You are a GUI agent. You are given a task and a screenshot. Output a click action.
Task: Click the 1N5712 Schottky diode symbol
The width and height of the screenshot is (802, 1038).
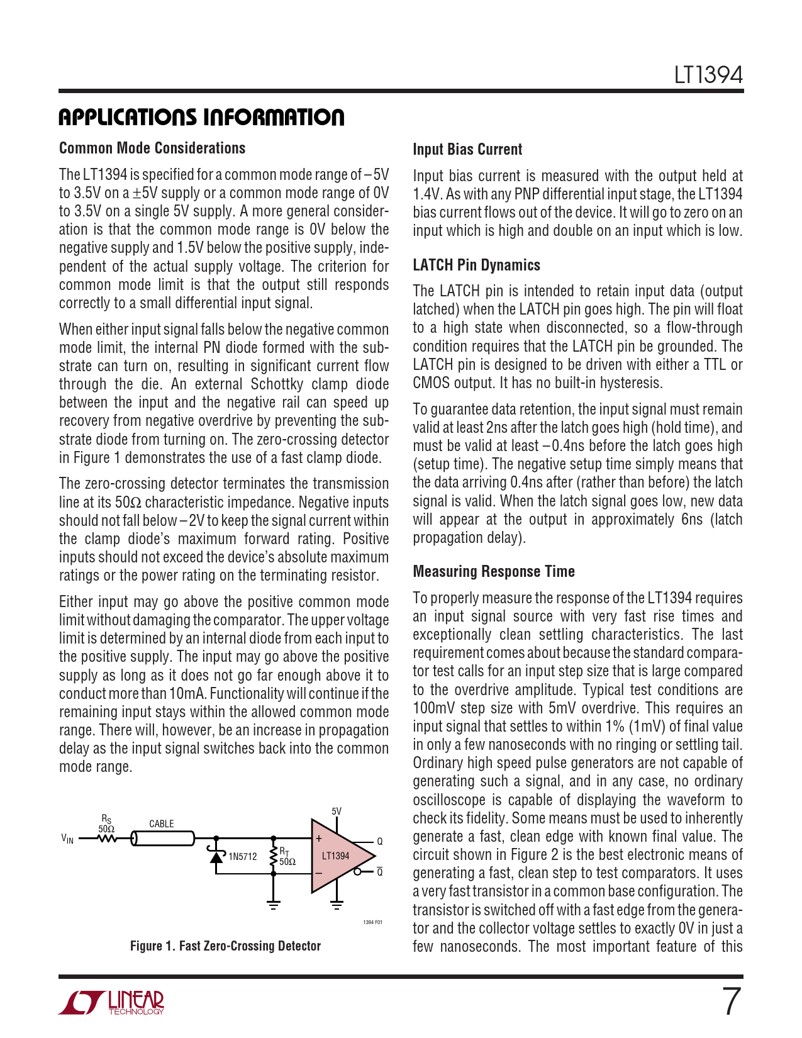[x=217, y=856]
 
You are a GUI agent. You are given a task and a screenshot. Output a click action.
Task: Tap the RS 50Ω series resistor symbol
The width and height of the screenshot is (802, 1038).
[x=107, y=839]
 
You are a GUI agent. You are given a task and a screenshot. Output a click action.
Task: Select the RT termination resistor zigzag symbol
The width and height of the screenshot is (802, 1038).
[x=273, y=857]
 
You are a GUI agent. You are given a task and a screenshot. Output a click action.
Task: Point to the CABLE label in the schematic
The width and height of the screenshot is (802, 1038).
[x=162, y=823]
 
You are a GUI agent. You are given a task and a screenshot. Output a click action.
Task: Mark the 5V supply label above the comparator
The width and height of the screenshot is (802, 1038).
[x=337, y=812]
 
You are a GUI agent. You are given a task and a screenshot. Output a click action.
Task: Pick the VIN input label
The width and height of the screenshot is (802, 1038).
[x=67, y=839]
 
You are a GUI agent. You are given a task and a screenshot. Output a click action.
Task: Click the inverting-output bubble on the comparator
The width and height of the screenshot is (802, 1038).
[x=358, y=872]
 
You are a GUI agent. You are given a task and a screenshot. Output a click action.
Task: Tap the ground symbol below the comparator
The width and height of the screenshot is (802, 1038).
[x=337, y=906]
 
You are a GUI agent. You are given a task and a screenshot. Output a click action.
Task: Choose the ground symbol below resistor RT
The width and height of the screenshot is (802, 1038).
[x=273, y=906]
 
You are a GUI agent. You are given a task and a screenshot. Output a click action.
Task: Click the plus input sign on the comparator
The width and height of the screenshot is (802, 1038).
[x=320, y=839]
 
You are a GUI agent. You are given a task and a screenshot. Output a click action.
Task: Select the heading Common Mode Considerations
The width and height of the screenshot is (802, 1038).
[x=152, y=148]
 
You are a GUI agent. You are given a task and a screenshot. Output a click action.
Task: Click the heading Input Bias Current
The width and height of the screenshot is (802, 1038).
[x=467, y=149]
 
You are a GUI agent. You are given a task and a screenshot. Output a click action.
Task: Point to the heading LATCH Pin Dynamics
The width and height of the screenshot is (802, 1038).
[x=476, y=265]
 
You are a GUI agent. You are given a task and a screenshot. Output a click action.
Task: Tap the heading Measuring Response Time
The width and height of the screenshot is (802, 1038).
[x=494, y=571]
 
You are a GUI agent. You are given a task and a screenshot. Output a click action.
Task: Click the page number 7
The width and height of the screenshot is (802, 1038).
[x=730, y=1002]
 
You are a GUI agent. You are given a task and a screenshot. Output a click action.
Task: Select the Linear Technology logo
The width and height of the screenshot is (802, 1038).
[x=111, y=1002]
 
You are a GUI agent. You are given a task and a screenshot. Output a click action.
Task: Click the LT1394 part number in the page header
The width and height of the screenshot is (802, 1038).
[x=708, y=75]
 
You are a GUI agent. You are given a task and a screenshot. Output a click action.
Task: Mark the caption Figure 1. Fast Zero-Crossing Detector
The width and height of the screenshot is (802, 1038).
[x=225, y=946]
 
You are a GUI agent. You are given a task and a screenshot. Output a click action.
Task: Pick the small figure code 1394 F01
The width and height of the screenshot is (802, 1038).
[x=372, y=922]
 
